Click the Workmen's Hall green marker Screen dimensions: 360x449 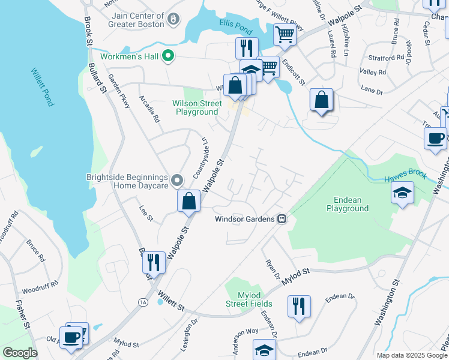[169, 56]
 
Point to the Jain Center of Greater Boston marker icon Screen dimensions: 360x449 [173, 19]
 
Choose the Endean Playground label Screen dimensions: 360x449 [347, 204]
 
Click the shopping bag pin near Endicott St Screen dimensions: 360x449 [322, 100]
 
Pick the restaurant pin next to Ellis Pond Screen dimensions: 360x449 [246, 47]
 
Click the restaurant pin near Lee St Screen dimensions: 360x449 [154, 262]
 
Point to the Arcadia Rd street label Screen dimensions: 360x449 [149, 109]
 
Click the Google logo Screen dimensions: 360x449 [20, 353]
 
